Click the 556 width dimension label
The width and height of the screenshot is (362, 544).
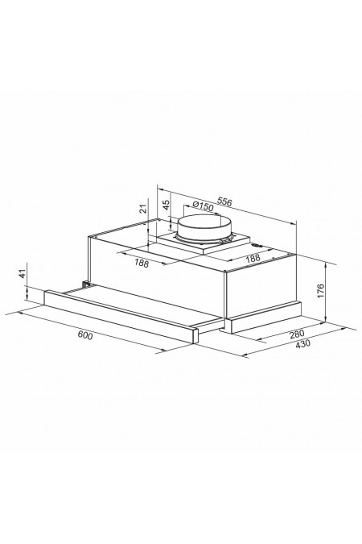[224, 202]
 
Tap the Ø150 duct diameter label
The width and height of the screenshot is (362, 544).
[203, 206]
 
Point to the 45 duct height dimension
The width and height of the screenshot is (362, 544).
[167, 205]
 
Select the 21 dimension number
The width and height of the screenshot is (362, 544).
[143, 209]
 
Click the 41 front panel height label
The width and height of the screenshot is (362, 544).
[23, 274]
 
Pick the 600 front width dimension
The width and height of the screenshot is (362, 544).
[85, 335]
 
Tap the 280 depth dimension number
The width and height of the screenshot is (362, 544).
[297, 334]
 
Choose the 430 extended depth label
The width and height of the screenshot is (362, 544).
[303, 344]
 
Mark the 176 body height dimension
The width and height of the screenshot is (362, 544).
[320, 291]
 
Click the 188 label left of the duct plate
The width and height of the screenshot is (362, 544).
[142, 264]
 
